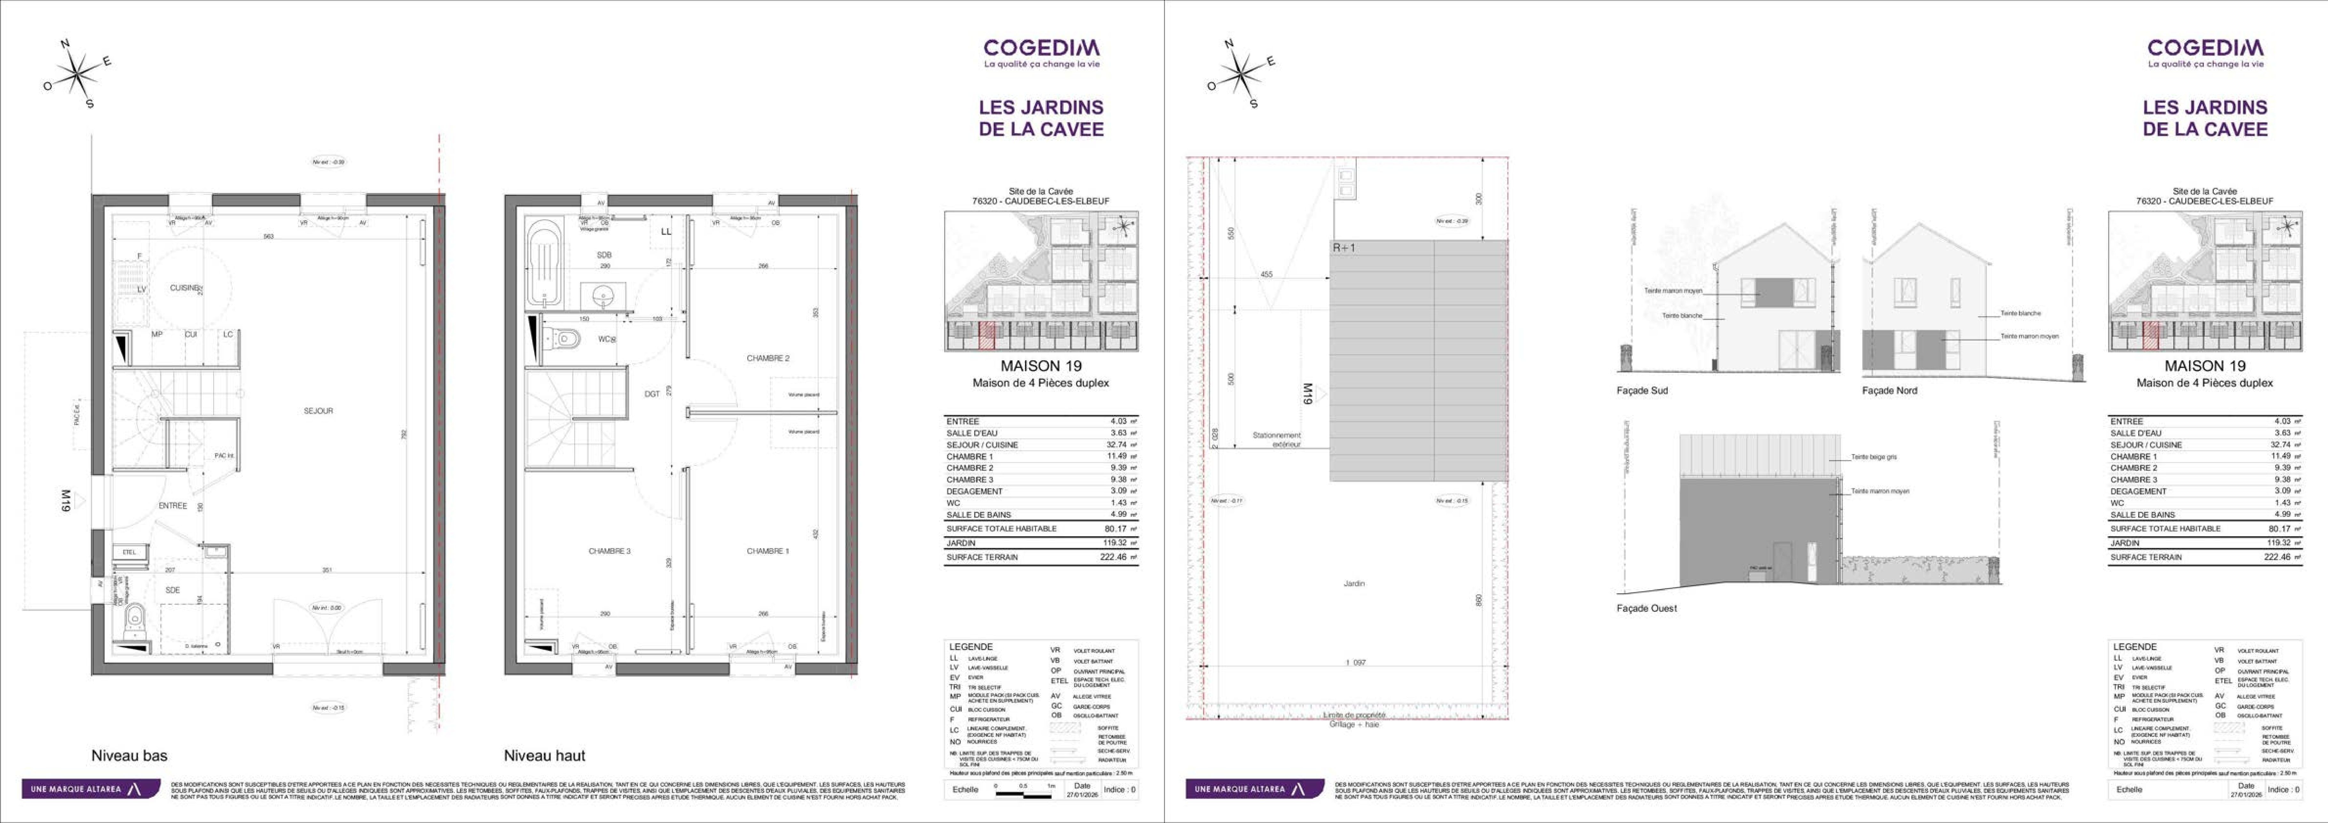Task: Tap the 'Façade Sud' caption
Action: coord(1642,390)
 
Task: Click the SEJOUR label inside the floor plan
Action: coord(318,411)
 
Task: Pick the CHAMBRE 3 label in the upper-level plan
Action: coord(609,551)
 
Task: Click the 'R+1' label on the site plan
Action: coord(1345,247)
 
